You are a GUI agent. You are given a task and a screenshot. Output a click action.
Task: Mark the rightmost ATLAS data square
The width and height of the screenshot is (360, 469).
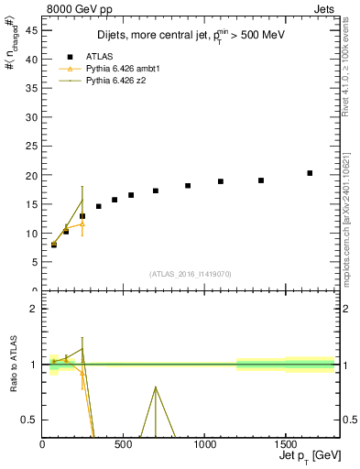point(310,173)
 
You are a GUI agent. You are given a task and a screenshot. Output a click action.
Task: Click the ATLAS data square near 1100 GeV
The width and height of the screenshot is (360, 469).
point(221,181)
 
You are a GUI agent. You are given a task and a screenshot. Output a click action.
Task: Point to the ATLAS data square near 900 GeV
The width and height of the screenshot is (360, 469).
point(188,186)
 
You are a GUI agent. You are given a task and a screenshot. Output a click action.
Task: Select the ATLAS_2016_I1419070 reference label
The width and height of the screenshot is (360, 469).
point(189,274)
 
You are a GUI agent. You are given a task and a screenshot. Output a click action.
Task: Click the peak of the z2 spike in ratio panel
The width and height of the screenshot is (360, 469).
point(156,387)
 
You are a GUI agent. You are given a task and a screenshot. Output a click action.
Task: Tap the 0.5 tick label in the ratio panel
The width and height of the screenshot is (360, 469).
point(30,420)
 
